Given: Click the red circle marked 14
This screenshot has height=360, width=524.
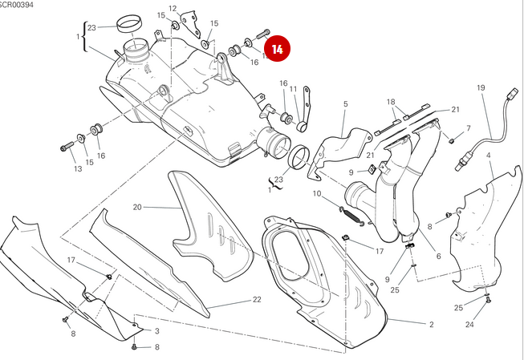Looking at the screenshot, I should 278,49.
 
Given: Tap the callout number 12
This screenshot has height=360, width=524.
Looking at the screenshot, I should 172,9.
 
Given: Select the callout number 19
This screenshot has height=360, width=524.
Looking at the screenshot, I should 481,87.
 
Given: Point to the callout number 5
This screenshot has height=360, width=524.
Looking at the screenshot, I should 345,104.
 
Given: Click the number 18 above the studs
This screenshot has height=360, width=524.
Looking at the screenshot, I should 391,102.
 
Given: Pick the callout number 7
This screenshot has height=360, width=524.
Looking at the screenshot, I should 468,129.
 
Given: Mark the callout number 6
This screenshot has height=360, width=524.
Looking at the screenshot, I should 438,256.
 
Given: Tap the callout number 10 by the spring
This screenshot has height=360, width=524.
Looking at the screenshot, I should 317,194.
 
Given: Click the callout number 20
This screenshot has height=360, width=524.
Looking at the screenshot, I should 136,207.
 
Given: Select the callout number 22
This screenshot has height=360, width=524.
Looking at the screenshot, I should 257,299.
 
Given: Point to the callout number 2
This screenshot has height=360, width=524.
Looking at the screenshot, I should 431,324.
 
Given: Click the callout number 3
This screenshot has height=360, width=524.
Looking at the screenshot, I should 156,330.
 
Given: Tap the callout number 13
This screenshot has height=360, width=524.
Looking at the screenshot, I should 78,169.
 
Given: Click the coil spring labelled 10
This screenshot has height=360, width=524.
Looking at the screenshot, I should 351,212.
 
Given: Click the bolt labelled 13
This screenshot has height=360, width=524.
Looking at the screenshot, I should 65,147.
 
